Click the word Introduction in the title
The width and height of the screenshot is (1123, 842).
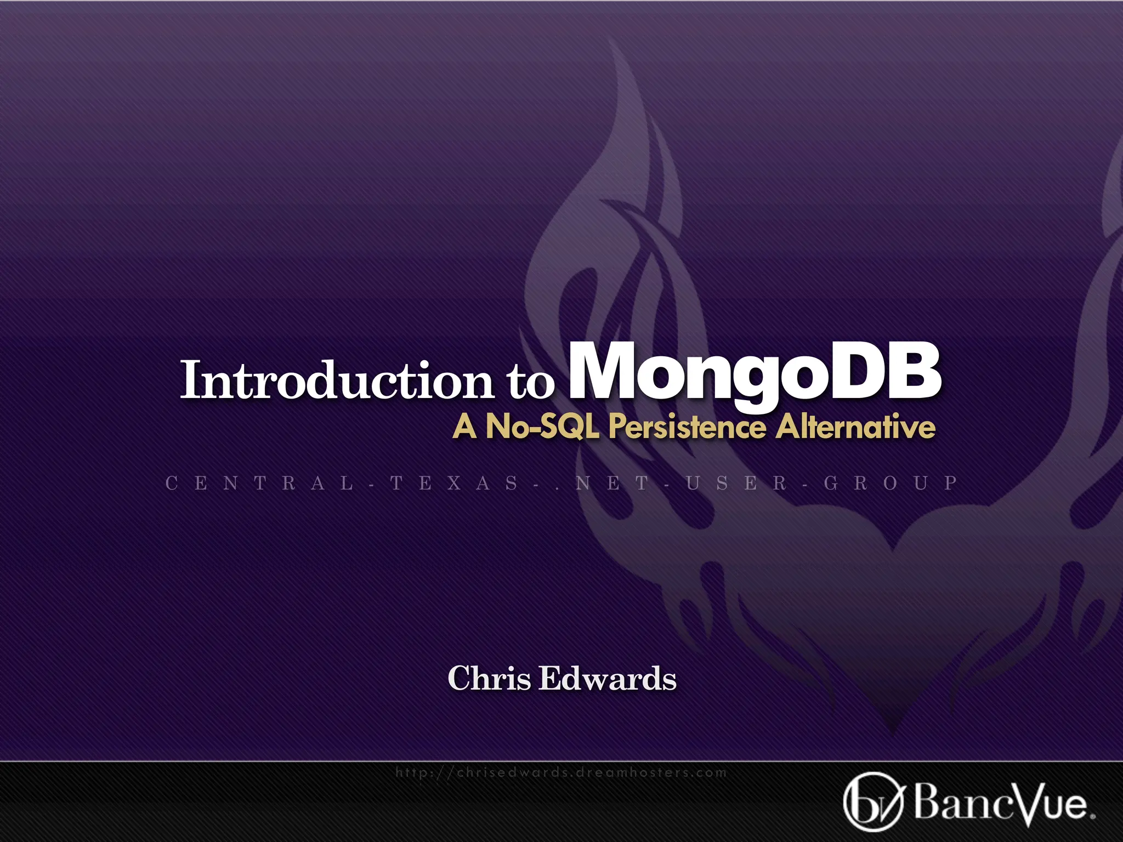[x=337, y=380]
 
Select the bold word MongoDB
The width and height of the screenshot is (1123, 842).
[x=755, y=373]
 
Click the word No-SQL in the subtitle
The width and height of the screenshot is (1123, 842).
[x=542, y=426]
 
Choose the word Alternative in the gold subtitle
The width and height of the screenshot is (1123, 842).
[x=855, y=426]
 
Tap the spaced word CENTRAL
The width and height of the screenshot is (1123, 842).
[x=260, y=483]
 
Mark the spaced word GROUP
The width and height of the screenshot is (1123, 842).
[x=891, y=483]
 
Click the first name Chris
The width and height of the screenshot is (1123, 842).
[x=489, y=679]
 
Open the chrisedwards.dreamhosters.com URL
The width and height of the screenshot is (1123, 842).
[x=561, y=772]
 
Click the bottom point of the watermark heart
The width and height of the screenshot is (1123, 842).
[x=893, y=732]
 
